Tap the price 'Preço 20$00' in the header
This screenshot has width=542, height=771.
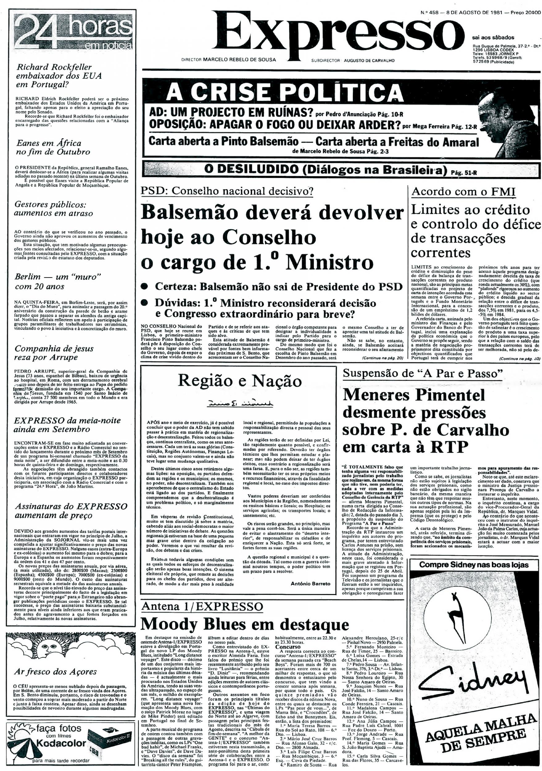point(525,4)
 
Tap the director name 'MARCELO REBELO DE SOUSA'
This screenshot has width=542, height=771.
point(239,60)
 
